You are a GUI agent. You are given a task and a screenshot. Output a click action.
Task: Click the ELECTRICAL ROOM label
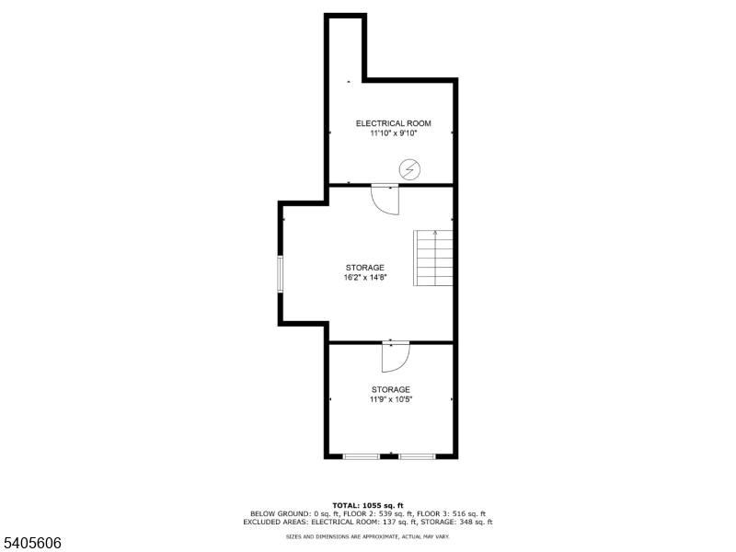tap(393, 123)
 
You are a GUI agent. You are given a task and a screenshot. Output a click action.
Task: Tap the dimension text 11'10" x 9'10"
tap(393, 133)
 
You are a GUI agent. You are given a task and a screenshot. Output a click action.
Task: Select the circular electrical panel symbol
tap(409, 169)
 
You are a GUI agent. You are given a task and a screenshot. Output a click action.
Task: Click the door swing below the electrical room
tap(385, 200)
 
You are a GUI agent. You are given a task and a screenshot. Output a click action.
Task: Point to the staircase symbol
tap(433, 259)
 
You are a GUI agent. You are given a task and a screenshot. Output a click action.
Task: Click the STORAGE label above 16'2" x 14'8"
tap(365, 268)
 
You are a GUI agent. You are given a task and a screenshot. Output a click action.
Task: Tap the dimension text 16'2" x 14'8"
tap(365, 277)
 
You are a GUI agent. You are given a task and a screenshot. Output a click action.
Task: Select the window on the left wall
tap(281, 275)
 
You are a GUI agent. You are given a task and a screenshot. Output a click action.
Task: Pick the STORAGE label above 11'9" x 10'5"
tap(391, 389)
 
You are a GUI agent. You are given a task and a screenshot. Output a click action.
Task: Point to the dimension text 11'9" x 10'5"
tap(391, 399)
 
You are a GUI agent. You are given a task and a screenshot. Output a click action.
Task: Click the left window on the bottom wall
tap(362, 455)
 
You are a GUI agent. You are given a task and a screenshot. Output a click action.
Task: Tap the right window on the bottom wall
tap(417, 455)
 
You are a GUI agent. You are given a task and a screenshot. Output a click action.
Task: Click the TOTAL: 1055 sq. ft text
tap(368, 505)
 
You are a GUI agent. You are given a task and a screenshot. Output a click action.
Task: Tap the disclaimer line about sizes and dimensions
tap(368, 535)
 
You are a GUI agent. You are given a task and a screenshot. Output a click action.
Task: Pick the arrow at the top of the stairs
tap(435, 234)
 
